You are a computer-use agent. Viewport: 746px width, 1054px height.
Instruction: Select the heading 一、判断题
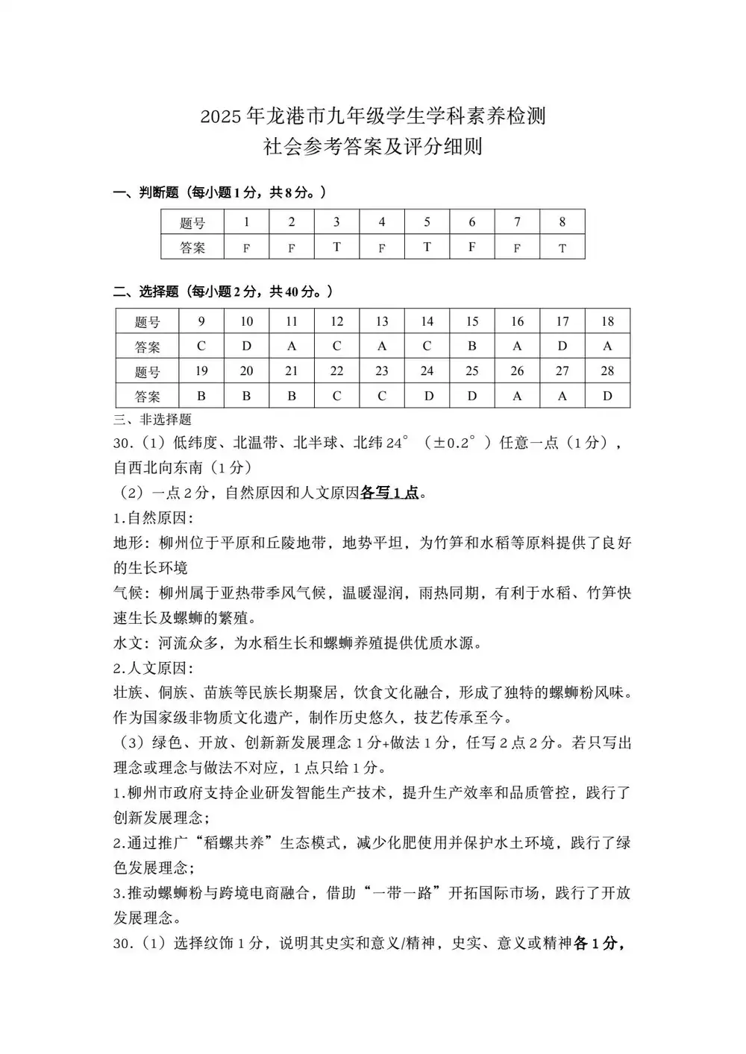pos(146,192)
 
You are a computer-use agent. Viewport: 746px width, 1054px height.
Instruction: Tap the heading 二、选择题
pos(146,291)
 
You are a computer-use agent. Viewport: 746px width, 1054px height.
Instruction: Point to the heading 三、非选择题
pos(152,419)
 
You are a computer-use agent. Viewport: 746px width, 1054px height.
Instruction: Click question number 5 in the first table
pos(427,222)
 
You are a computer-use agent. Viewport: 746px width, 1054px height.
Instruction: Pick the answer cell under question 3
pos(336,247)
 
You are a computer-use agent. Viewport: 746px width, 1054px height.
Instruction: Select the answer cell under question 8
pos(562,247)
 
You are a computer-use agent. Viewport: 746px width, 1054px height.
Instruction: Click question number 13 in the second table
pos(382,321)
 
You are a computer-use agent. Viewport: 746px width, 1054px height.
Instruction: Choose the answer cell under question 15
pos(471,346)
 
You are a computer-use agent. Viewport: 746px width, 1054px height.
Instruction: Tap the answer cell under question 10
pos(246,346)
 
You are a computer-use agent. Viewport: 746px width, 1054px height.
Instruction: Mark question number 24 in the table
pos(427,371)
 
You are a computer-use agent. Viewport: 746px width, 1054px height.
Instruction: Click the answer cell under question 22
pos(336,396)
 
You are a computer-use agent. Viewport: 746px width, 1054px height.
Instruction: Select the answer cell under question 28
pos(607,396)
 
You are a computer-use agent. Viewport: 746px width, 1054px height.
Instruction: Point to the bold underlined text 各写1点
pos(389,493)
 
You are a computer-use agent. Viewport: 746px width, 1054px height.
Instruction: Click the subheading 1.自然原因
pos(153,517)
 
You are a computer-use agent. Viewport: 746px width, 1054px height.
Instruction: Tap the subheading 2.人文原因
pos(153,667)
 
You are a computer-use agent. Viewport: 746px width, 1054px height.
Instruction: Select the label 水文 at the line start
pos(128,643)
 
